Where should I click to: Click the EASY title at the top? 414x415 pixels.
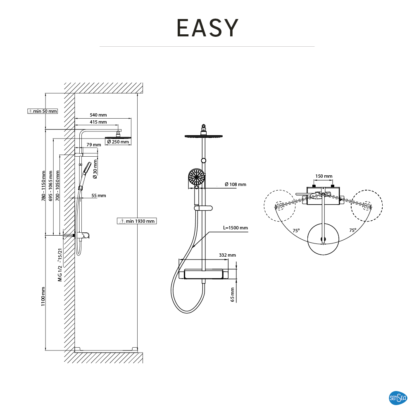point(207,28)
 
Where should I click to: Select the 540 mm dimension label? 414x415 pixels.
point(98,115)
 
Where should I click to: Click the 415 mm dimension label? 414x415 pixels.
point(98,122)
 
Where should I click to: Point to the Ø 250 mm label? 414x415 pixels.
point(118,142)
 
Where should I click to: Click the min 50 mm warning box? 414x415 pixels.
point(42,111)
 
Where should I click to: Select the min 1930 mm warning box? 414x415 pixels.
point(137,221)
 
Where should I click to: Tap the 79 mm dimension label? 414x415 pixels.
point(93,145)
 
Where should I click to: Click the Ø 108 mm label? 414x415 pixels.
point(235,184)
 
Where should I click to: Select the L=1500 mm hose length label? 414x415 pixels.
point(235,228)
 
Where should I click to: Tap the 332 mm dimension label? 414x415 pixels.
point(227,255)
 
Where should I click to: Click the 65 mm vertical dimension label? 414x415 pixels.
point(233,294)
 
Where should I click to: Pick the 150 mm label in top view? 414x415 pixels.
point(324,176)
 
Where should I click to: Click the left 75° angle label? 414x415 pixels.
point(296,231)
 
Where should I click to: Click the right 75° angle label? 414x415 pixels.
point(352,230)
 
